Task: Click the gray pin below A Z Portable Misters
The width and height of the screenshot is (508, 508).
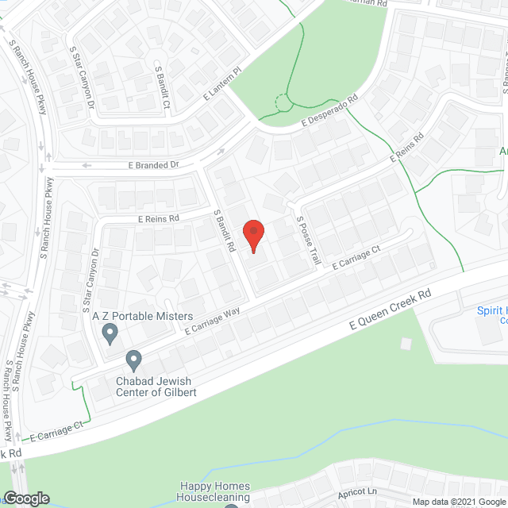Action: tap(110, 335)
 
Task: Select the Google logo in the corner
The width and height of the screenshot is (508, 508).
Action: tap(26, 498)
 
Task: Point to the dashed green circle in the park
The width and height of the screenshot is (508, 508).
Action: tap(282, 102)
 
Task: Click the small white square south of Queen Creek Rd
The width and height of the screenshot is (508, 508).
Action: tap(406, 343)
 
